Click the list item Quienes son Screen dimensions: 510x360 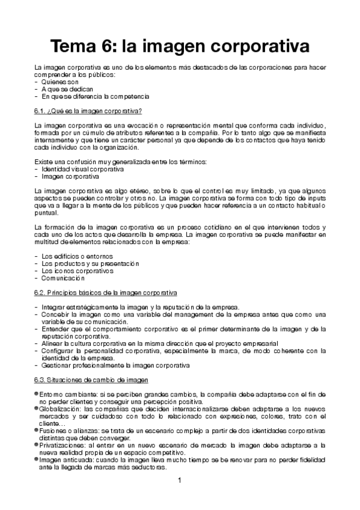60,82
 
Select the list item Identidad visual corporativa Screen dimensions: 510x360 79,170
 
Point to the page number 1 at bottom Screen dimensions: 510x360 179,481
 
